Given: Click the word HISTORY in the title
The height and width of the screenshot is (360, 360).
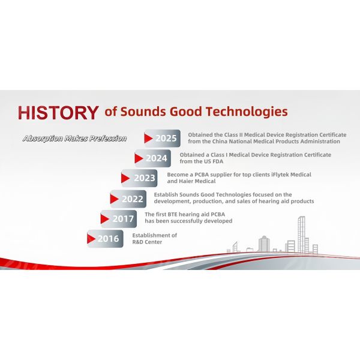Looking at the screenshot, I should (58, 112).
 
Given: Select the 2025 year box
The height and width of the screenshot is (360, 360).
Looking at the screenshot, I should (162, 139).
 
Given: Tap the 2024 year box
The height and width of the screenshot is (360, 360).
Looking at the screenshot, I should (152, 159).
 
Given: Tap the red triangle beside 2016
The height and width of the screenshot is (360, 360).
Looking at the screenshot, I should (92, 239).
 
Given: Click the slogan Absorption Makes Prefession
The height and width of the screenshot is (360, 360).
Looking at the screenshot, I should (74, 139).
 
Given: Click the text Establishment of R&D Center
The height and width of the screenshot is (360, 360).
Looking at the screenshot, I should (155, 239).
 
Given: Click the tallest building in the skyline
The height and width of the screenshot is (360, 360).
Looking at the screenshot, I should (301, 234).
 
